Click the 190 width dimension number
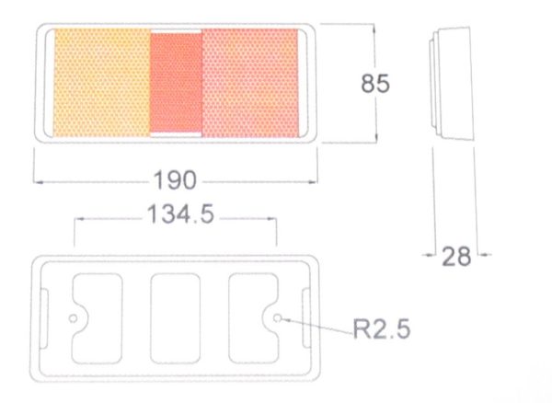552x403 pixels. pyautogui.click(x=175, y=179)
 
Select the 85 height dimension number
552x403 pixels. pyautogui.click(x=375, y=84)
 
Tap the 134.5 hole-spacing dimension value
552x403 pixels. pyautogui.click(x=180, y=213)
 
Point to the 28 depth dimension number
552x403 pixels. pyautogui.click(x=456, y=256)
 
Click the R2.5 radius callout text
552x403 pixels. pyautogui.click(x=382, y=328)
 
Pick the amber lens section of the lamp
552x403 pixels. pyautogui.click(x=102, y=83)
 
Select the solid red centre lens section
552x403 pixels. pyautogui.click(x=176, y=83)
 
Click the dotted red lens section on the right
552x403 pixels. pyautogui.click(x=250, y=83)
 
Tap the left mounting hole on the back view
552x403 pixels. pyautogui.click(x=73, y=319)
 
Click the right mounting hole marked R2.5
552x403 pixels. pyautogui.click(x=278, y=318)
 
